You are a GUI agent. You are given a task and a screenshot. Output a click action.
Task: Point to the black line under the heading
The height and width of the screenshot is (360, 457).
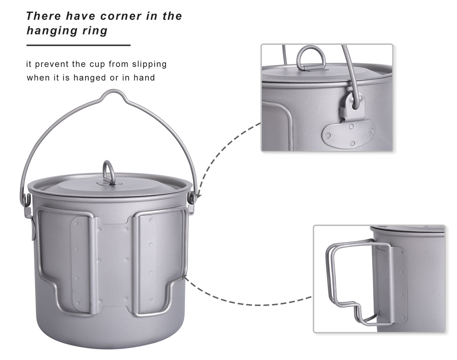[78, 45]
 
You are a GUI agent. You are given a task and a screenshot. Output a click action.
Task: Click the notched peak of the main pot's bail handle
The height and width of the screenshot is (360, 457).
[114, 92]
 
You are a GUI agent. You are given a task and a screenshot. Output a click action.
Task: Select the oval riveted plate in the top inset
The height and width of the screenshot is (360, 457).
[348, 133]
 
